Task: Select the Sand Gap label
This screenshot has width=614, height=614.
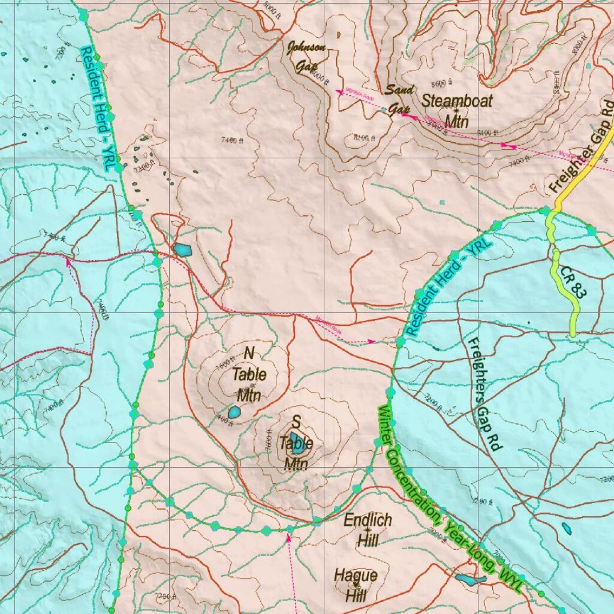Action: point(399,100)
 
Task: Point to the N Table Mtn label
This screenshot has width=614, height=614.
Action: point(249,374)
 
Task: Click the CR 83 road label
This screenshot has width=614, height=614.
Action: point(571,283)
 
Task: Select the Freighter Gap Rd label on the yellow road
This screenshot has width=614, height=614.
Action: point(582,147)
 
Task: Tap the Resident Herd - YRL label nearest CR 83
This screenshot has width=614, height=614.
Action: point(447,285)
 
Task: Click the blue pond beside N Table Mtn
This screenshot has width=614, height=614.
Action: point(234,413)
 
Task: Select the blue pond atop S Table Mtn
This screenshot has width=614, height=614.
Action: point(297,443)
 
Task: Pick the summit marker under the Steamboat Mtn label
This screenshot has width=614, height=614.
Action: point(456,110)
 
